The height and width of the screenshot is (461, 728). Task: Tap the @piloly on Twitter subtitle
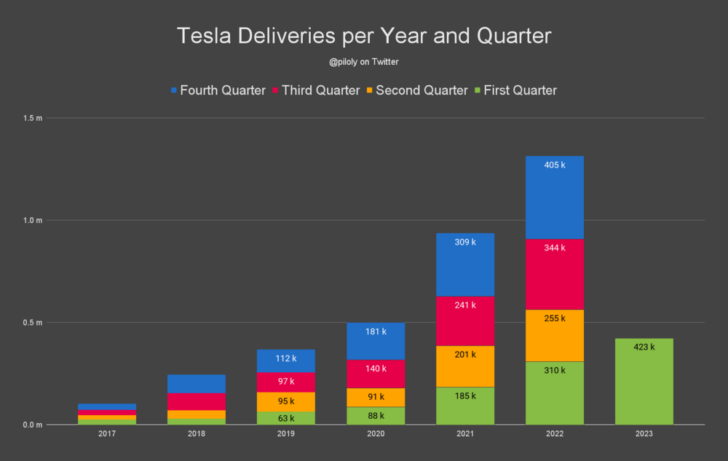363,63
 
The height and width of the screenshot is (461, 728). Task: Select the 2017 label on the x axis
107,434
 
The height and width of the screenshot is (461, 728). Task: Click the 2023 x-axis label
644,434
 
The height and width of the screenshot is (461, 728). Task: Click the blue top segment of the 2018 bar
196,383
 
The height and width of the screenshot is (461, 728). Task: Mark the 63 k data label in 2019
285,418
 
